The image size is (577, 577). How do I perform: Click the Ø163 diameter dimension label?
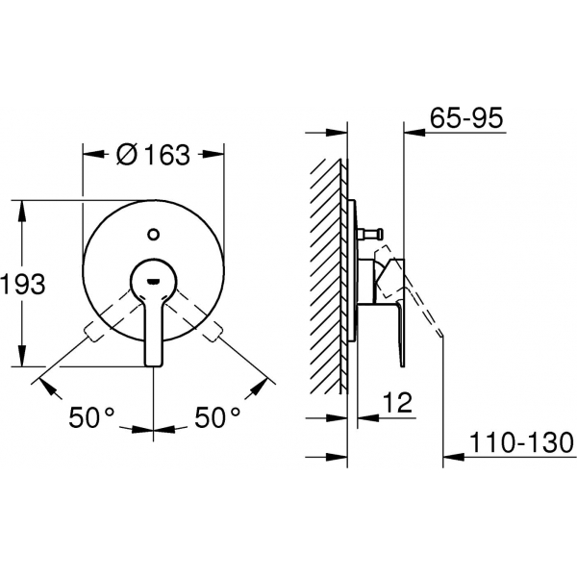[153, 155]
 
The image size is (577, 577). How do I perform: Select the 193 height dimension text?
[23, 284]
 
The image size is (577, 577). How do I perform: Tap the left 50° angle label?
[92, 417]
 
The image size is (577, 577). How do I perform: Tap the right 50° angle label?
[217, 417]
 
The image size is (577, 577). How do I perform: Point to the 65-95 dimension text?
[466, 117]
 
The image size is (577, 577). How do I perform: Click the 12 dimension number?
[397, 403]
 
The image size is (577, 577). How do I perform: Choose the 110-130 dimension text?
[522, 442]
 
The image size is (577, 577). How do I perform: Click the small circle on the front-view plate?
[153, 234]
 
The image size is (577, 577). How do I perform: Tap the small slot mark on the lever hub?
[153, 282]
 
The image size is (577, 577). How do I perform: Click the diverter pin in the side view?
[370, 234]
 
